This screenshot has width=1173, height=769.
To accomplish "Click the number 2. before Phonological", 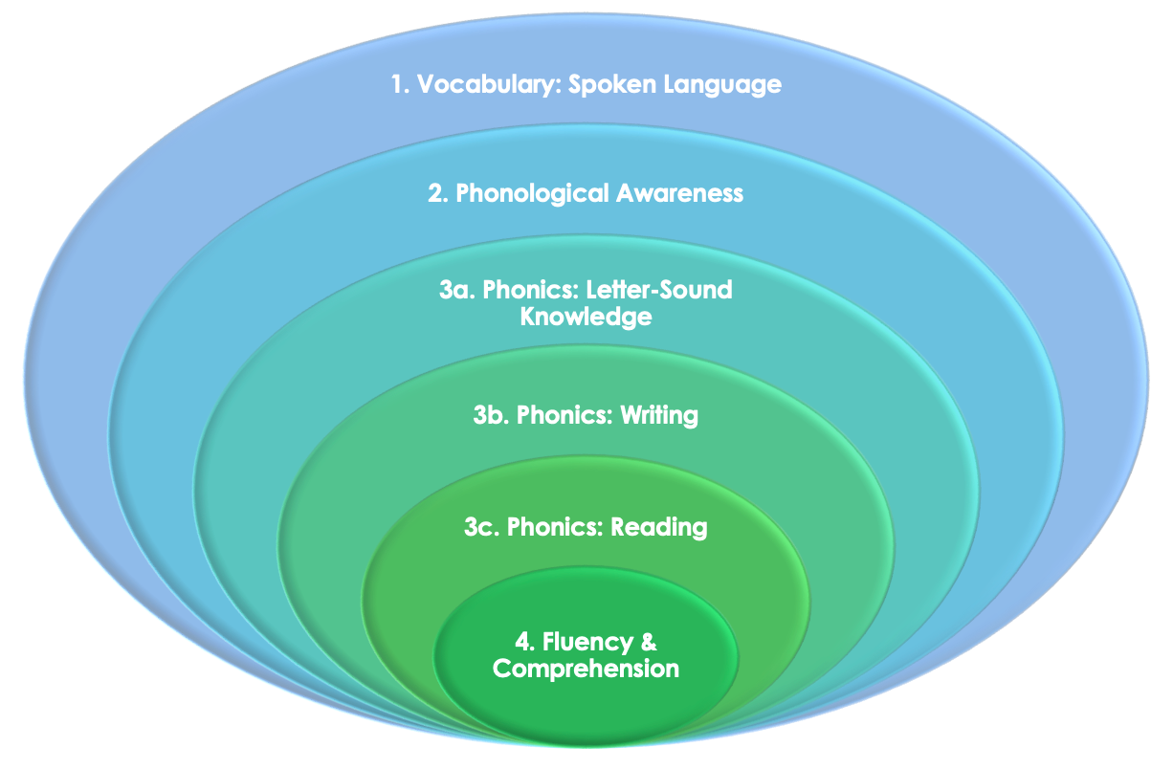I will (x=438, y=193).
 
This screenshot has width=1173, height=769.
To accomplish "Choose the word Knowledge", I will (x=586, y=317).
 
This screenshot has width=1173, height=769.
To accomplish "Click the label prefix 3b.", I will (x=492, y=416).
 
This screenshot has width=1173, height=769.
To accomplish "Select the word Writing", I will (x=659, y=416).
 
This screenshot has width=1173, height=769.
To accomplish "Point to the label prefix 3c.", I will (x=482, y=526).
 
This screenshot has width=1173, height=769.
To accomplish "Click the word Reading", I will (x=659, y=526).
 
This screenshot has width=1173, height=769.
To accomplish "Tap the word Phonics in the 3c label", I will (x=555, y=526).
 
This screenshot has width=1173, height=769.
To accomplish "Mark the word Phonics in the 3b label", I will (x=564, y=416).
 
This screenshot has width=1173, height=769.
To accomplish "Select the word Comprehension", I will (x=586, y=668).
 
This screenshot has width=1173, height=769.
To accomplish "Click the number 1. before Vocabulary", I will (x=401, y=84).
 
